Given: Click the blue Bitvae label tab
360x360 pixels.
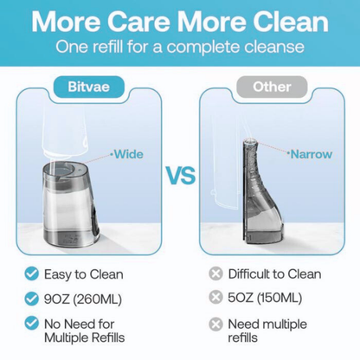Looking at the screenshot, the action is (88, 87).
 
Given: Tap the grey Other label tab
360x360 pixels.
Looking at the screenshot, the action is (272, 87).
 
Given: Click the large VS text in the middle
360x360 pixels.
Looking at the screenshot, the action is (181, 176).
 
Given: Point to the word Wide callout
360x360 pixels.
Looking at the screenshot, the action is (129, 154).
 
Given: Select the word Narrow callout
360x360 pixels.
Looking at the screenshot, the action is (311, 154).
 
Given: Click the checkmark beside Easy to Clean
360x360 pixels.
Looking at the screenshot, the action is (32, 273).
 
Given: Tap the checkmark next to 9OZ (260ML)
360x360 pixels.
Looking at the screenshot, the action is (32, 299).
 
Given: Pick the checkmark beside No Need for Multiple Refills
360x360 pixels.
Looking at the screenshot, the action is (32, 324).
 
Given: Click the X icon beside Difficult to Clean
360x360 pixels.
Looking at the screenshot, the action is (215, 273).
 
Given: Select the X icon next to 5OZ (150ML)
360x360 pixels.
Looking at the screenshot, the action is (215, 297).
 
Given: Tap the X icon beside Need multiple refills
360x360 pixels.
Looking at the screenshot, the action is (215, 324).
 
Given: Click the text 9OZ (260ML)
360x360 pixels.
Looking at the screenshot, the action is (83, 299).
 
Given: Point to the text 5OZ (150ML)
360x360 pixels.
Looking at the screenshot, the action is (265, 298).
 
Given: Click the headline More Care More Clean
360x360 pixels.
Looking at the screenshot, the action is (180, 22).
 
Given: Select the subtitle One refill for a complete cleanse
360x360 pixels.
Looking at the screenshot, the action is (180, 47).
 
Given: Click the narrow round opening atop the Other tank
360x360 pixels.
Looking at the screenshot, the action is (249, 141).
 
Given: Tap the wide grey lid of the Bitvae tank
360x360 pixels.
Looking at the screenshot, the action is (64, 172).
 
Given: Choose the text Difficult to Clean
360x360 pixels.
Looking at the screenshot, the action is (274, 274).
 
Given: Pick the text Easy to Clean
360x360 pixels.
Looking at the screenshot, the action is (84, 274).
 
